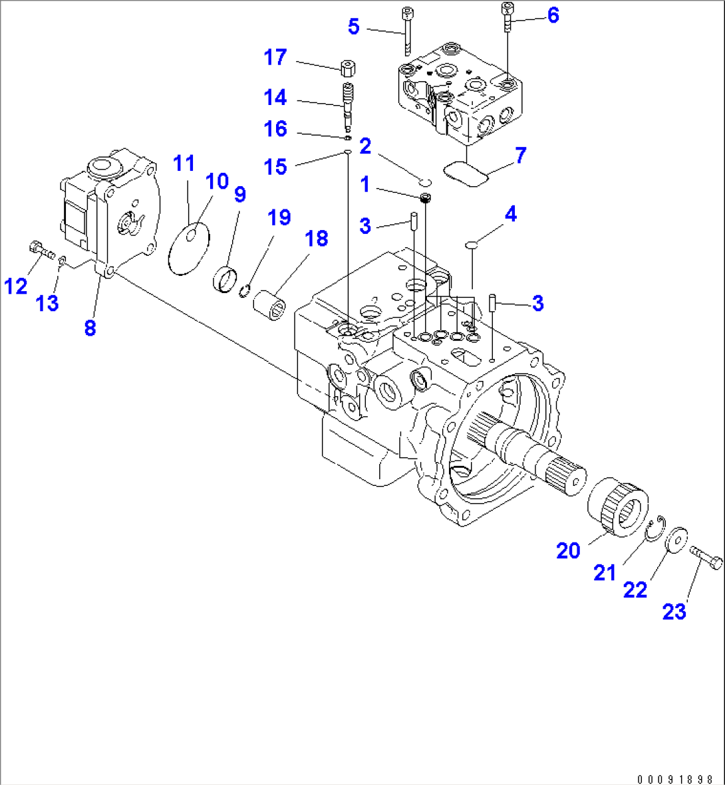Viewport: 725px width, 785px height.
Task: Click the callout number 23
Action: (674, 611)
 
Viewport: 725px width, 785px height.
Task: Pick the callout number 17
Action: (275, 58)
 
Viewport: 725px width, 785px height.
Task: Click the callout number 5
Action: (353, 27)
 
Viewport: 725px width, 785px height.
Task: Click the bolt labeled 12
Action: (41, 251)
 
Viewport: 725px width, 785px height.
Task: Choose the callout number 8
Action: (90, 327)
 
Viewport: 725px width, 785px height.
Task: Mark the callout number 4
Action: (510, 215)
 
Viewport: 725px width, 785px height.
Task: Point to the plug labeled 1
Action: (425, 198)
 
